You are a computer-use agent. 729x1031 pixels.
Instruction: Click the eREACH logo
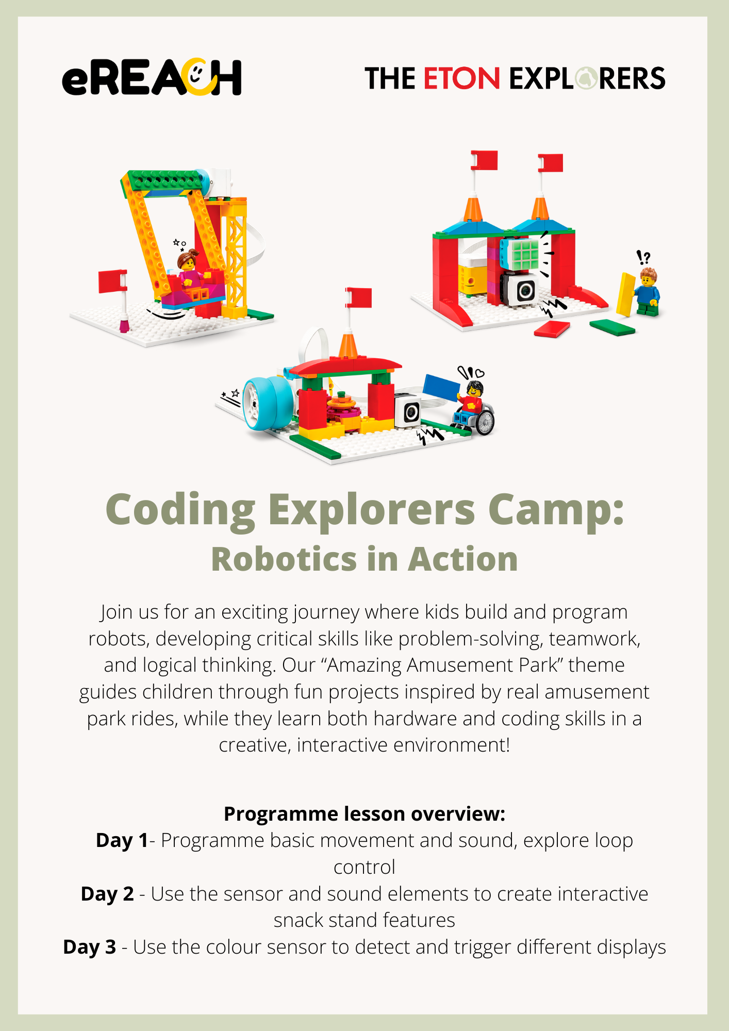pyautogui.click(x=152, y=77)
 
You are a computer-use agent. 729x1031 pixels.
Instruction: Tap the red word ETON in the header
pyautogui.click(x=461, y=78)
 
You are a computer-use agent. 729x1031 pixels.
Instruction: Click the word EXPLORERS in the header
pyautogui.click(x=587, y=78)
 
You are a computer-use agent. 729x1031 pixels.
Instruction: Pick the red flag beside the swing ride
pyautogui.click(x=113, y=281)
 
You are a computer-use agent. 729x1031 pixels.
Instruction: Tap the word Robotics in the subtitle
pyautogui.click(x=284, y=559)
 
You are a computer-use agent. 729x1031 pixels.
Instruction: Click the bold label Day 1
pyautogui.click(x=122, y=840)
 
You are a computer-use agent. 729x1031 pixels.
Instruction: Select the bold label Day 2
pyautogui.click(x=107, y=894)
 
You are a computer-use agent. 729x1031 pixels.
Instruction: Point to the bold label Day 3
pyautogui.click(x=89, y=947)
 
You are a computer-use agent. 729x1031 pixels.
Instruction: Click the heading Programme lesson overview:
pyautogui.click(x=364, y=814)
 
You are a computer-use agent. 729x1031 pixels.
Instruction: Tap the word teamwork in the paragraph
pyautogui.click(x=594, y=639)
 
